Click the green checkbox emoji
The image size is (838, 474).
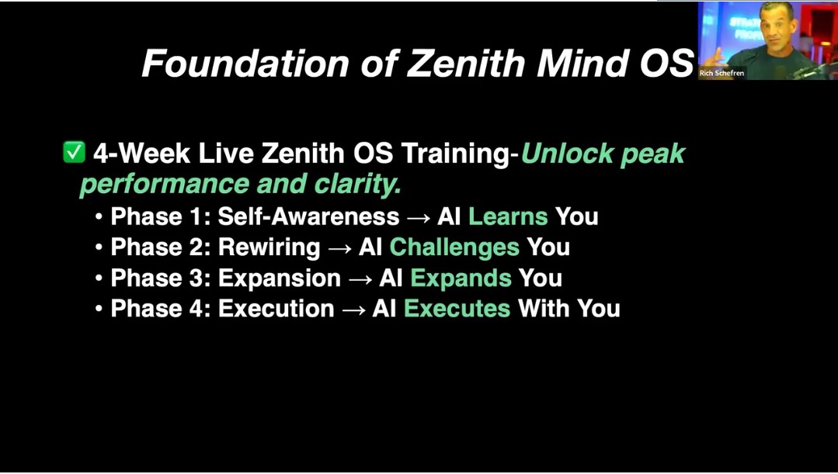tap(74, 152)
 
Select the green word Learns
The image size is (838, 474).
tap(508, 216)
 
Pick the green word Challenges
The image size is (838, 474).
tap(454, 247)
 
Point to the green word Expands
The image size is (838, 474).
tap(461, 279)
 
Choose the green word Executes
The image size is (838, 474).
tap(457, 309)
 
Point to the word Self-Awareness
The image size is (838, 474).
tap(308, 216)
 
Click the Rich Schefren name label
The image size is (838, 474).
tap(722, 73)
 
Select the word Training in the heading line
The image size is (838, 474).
tap(456, 154)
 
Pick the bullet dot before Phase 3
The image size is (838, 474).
tap(99, 279)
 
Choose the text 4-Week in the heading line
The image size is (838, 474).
tap(141, 153)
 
